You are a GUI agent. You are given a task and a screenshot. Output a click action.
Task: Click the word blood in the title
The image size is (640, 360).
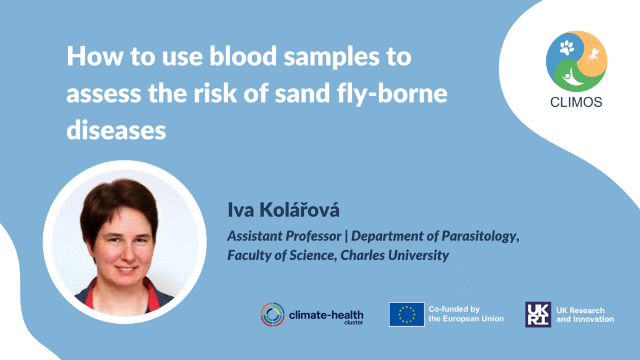(243, 56)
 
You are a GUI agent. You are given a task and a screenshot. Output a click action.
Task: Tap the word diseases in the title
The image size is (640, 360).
(116, 130)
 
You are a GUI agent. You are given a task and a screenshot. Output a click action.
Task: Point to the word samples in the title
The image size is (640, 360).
(331, 57)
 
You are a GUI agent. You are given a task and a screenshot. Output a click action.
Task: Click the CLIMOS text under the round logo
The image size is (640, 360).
(576, 102)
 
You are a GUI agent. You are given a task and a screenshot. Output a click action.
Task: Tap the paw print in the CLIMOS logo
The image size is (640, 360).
(566, 48)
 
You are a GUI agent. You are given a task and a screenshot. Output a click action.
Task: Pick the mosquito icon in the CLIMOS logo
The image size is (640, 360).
(592, 57)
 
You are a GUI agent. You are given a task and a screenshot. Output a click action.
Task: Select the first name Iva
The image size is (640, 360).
(241, 210)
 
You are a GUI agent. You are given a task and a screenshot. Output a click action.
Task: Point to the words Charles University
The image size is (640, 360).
(395, 255)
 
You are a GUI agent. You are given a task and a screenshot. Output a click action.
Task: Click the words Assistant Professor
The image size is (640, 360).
(284, 236)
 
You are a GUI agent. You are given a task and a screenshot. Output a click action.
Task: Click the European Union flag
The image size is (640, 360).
(406, 314)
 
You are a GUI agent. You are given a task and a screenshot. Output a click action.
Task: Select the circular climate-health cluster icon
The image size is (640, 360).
(272, 314)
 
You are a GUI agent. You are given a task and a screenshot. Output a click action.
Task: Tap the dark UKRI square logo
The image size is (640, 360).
(538, 314)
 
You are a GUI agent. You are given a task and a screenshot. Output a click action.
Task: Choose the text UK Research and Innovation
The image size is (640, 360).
(585, 315)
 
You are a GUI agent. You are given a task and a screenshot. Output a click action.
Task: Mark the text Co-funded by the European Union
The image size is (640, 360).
(466, 314)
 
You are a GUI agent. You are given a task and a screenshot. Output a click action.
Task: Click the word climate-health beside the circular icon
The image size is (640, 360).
(326, 315)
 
